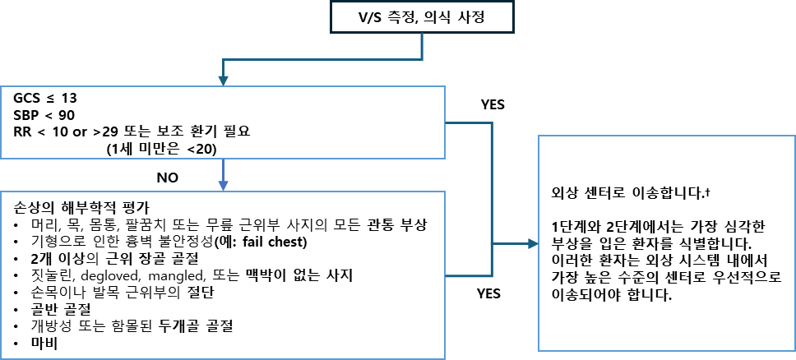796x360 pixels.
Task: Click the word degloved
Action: [x=105, y=275]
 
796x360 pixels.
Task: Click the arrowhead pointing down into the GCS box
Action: [x=223, y=81]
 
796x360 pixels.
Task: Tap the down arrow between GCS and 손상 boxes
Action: [x=223, y=174]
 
